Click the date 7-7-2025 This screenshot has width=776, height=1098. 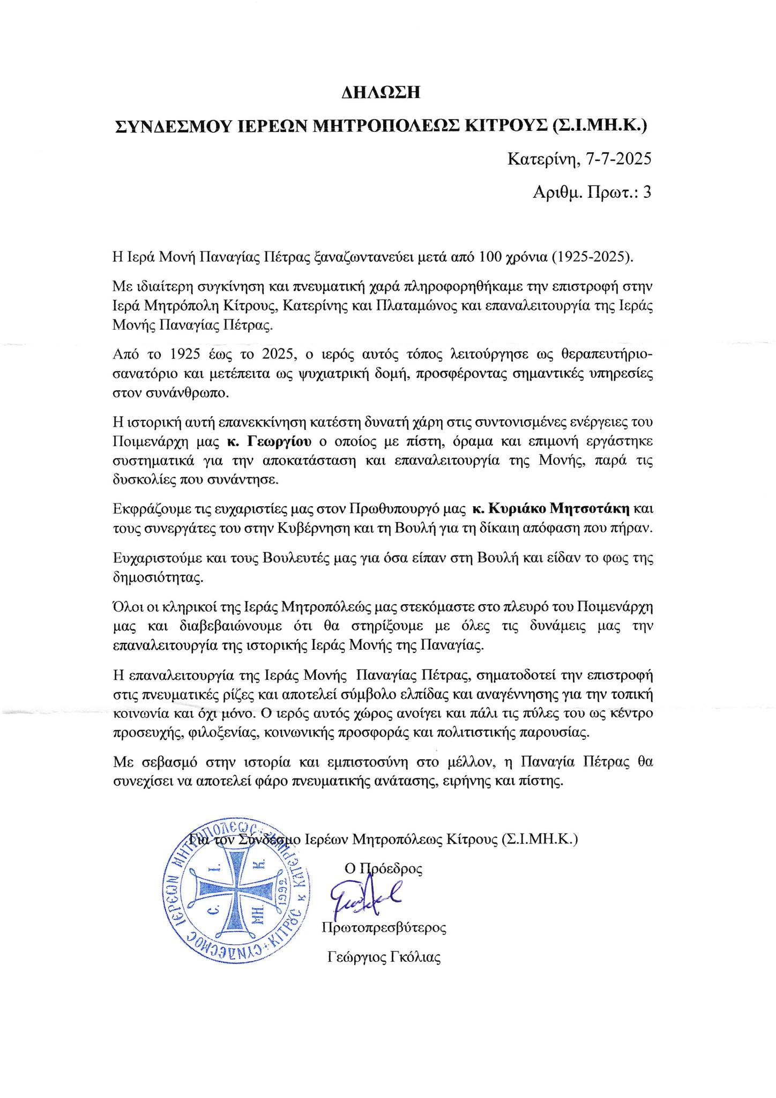click(x=617, y=159)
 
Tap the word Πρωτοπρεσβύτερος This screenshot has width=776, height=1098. click(x=384, y=928)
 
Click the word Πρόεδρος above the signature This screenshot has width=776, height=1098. click(x=391, y=868)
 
